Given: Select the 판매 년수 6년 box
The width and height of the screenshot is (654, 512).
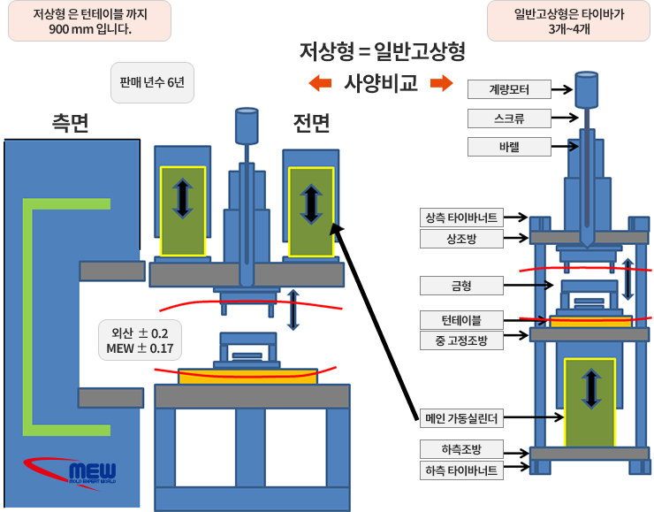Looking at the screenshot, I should (151, 83).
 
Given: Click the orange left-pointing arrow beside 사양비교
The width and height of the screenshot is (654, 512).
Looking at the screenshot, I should (319, 84).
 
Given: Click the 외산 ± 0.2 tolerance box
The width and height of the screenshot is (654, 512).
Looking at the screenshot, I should (141, 340).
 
